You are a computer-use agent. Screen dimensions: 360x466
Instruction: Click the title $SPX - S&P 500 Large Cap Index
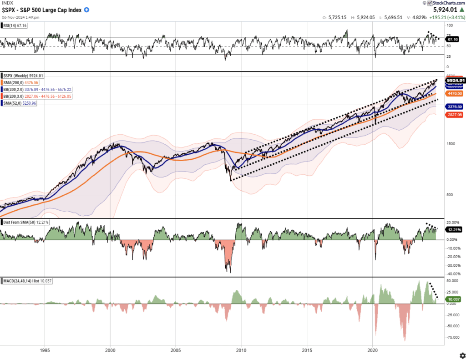pos(42,10)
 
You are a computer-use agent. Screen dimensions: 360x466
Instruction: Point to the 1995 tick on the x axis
pos(45,350)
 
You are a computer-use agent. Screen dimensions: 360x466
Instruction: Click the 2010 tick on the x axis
pos(241,350)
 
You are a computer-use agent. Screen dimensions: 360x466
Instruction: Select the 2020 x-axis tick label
pos(373,350)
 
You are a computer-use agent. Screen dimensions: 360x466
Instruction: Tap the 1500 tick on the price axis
pos(451,144)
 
